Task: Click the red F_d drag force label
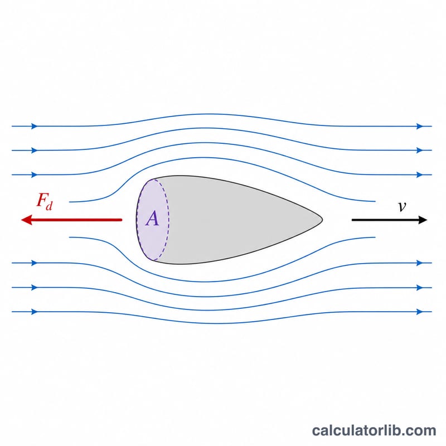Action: point(45,201)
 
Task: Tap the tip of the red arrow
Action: point(22,220)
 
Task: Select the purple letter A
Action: point(152,219)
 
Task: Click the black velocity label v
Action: point(402,206)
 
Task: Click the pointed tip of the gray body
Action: point(322,220)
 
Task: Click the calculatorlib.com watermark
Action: point(374,430)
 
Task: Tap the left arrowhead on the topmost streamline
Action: point(35,126)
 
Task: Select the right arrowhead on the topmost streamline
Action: point(420,126)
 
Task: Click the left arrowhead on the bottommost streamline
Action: point(35,312)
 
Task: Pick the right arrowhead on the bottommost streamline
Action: point(420,312)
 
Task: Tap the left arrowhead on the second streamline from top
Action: point(35,150)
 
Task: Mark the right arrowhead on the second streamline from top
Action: point(420,150)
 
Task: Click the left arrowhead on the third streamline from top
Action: point(35,174)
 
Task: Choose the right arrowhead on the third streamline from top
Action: point(420,174)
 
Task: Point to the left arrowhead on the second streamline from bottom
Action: point(35,288)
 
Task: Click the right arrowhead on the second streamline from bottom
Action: point(420,288)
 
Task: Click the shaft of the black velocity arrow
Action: point(385,220)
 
